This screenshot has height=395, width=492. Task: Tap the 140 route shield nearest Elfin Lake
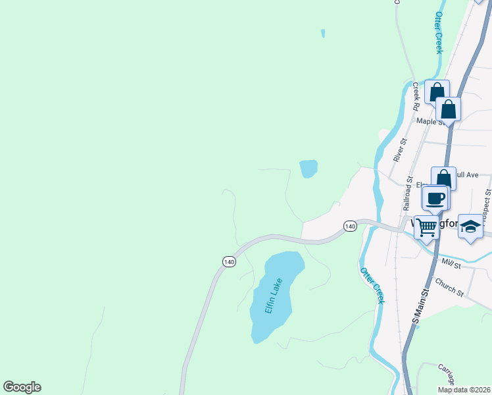point(228,262)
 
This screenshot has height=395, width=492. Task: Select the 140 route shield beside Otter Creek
point(350,226)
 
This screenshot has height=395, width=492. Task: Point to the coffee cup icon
point(435,197)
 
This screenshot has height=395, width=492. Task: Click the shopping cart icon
point(427,228)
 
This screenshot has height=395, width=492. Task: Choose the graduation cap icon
point(470,226)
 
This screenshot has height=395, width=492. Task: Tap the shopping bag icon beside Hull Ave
point(443,179)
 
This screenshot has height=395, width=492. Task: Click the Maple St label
point(430,121)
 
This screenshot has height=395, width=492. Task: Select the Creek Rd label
point(416,95)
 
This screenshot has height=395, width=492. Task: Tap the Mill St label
point(453,262)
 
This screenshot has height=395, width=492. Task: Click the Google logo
point(22,387)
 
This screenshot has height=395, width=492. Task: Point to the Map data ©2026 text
point(464,390)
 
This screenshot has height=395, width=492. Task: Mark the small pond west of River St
point(308,169)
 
